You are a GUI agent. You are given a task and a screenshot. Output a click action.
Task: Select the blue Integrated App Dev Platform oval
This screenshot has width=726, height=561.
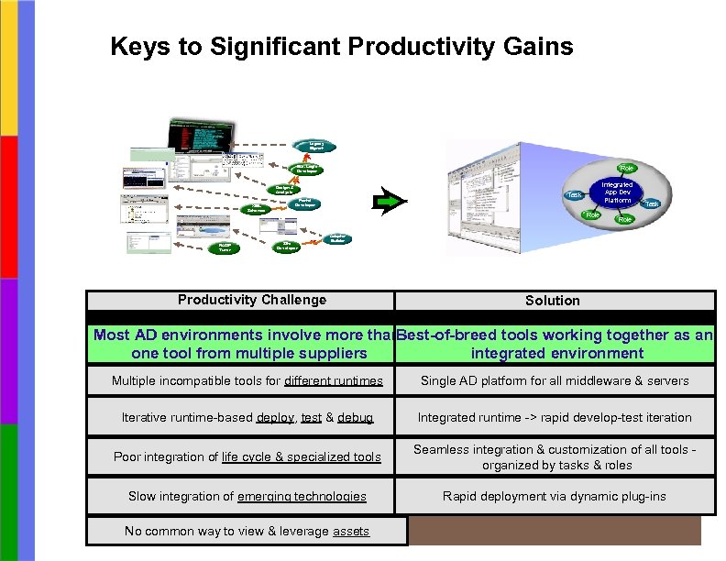click(x=616, y=193)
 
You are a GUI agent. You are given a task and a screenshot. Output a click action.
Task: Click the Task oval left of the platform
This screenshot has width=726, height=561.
click(x=575, y=194)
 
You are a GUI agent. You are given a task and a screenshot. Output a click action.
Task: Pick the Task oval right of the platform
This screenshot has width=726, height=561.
click(x=653, y=203)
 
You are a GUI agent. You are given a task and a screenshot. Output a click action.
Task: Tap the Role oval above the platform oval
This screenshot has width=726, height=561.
click(x=627, y=168)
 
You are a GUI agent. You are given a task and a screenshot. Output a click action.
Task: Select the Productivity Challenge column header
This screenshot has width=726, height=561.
click(x=251, y=300)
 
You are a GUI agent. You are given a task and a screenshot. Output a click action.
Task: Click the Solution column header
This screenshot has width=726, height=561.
click(x=552, y=301)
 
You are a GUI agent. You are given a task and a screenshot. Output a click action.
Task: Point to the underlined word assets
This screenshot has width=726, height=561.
click(x=351, y=531)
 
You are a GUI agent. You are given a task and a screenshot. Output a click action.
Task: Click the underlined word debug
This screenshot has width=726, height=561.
click(x=355, y=417)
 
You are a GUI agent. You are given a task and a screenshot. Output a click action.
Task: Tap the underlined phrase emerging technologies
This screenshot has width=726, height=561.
click(x=302, y=496)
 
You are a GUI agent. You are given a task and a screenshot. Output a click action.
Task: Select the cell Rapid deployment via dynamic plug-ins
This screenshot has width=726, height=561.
click(x=555, y=496)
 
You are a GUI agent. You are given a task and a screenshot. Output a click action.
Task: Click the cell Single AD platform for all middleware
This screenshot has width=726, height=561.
click(x=555, y=380)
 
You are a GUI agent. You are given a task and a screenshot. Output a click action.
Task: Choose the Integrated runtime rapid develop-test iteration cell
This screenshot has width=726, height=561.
click(x=555, y=417)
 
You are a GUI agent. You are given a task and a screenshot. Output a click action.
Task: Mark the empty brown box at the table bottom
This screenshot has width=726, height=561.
click(x=554, y=531)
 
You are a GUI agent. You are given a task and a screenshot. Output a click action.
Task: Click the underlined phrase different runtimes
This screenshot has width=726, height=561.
click(x=334, y=380)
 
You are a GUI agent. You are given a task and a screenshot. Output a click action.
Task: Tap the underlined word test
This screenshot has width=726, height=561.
click(x=312, y=417)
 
